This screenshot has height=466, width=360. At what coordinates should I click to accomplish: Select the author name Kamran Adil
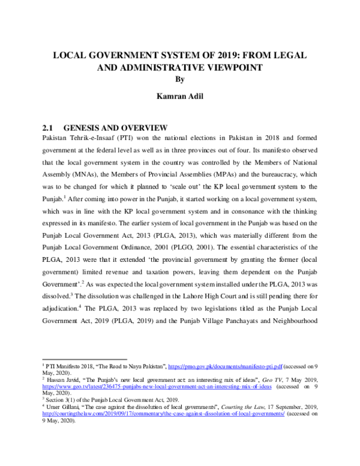180,95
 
